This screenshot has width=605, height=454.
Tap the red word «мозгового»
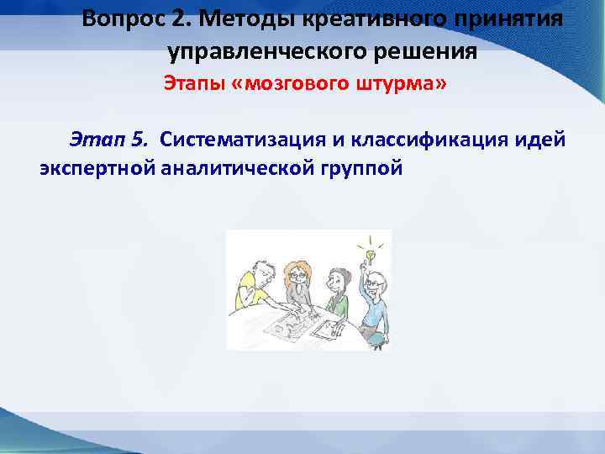pos(291,84)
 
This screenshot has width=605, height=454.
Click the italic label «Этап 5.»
pos(109,138)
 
